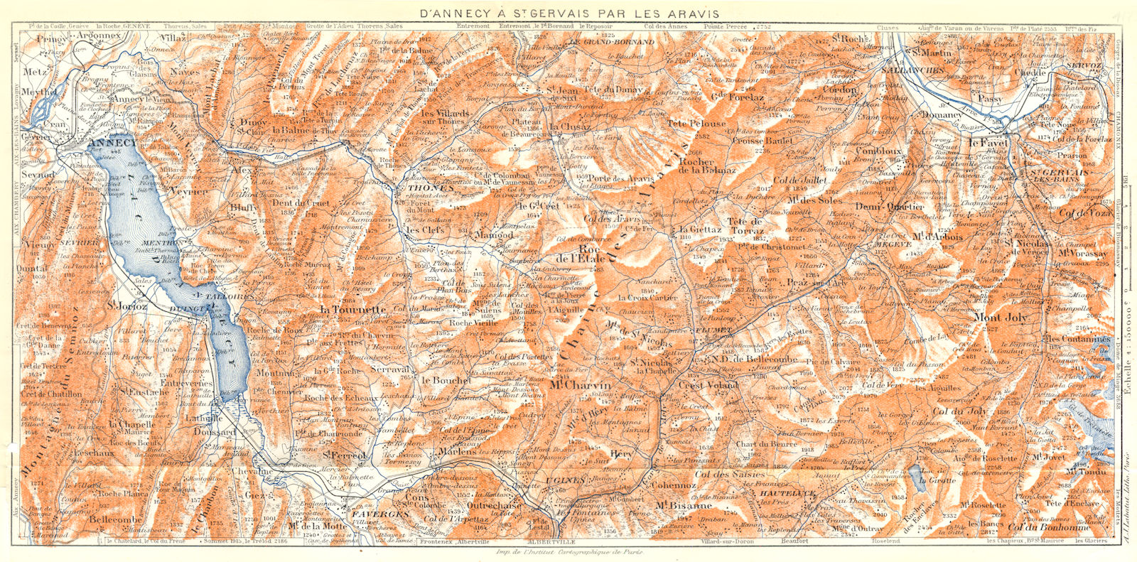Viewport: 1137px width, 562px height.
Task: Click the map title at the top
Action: (x=569, y=13)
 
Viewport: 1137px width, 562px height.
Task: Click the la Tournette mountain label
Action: (x=352, y=310)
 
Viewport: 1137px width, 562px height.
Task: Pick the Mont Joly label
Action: (x=1006, y=318)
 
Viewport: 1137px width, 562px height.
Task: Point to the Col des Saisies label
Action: (x=730, y=474)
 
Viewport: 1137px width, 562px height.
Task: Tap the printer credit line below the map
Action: (x=568, y=552)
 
